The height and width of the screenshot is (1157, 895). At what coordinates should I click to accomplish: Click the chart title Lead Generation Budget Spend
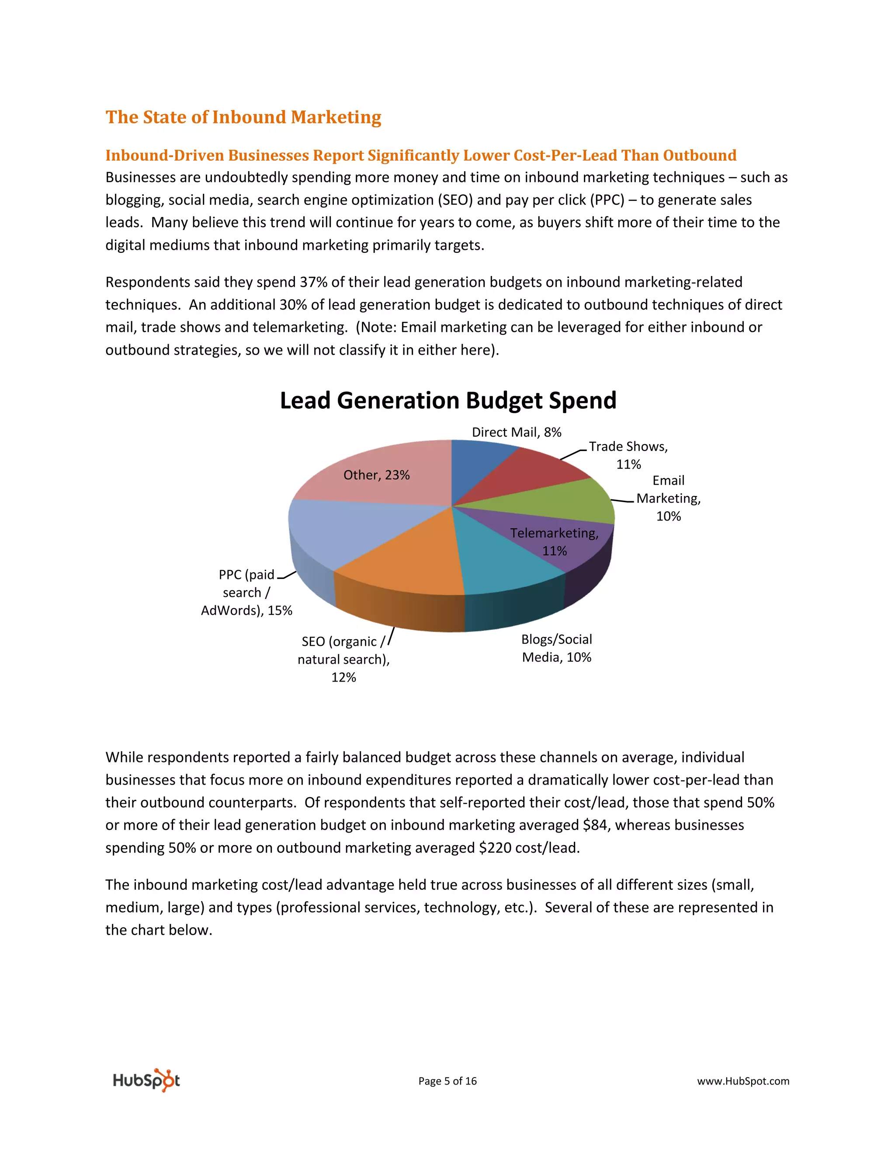448,400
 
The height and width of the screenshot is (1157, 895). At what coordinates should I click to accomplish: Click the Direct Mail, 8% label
517,432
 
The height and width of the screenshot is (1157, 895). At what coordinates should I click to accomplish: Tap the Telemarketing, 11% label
554,541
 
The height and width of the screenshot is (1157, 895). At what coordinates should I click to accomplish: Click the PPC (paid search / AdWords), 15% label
246,593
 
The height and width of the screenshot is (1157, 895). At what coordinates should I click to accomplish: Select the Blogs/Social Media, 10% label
557,648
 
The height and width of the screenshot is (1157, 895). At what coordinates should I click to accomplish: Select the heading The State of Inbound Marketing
243,117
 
